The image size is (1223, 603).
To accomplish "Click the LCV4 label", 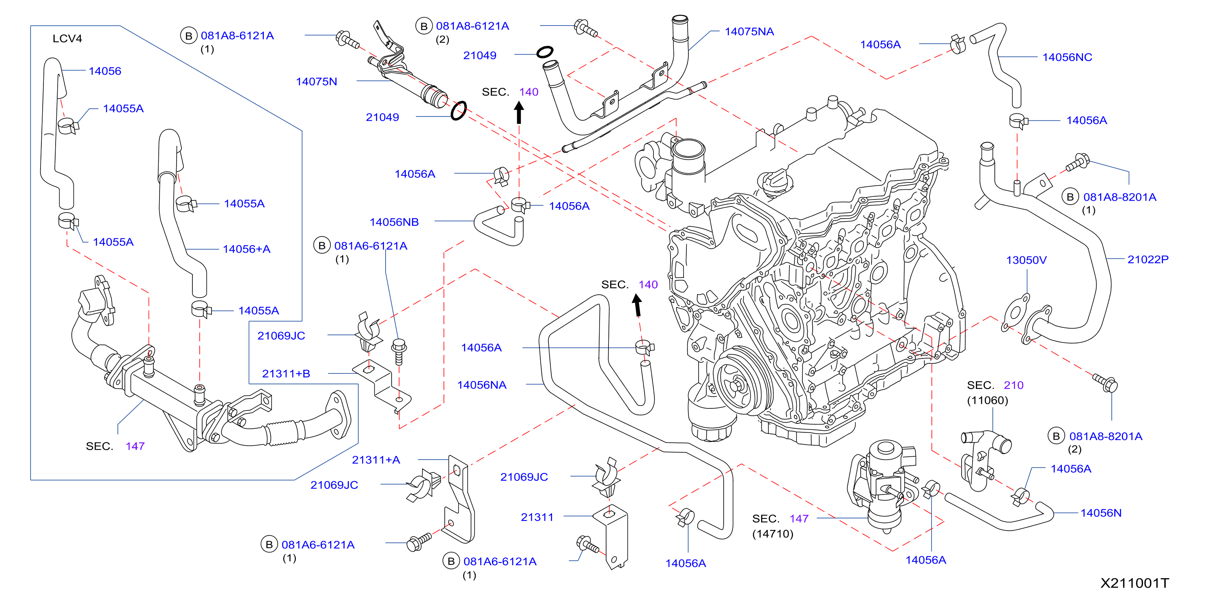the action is tap(67, 39).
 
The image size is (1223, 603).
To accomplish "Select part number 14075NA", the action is tap(749, 32).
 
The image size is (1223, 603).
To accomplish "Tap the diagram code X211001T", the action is tap(1135, 583).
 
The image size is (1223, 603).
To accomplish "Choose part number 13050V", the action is tap(1026, 260).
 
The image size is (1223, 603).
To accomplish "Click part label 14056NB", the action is tap(394, 222).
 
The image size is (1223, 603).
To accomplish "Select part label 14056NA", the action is tap(481, 385).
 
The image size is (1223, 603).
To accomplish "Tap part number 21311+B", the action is tap(286, 374).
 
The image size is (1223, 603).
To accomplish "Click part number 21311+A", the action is tap(375, 460).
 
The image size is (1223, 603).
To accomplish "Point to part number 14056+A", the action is tap(246, 249).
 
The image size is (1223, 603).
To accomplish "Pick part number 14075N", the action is tap(316, 82).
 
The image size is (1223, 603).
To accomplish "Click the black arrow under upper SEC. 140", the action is tap(519, 113).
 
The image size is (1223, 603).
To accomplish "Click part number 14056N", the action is tap(1101, 513).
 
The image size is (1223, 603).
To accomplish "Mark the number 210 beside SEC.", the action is tap(1014, 385).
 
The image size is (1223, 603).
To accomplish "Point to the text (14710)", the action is tap(772, 534).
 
